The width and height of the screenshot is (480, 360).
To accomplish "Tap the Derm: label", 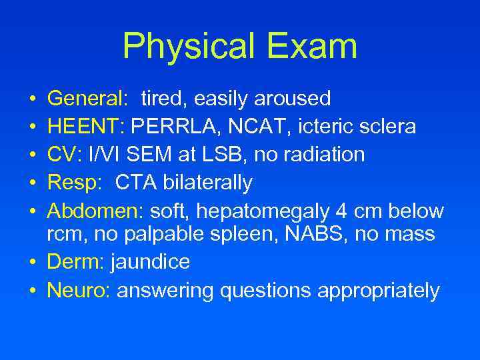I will [x=74, y=262].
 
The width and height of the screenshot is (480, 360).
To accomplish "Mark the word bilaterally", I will [x=207, y=183].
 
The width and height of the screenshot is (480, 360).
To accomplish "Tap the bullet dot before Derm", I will [x=33, y=263].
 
